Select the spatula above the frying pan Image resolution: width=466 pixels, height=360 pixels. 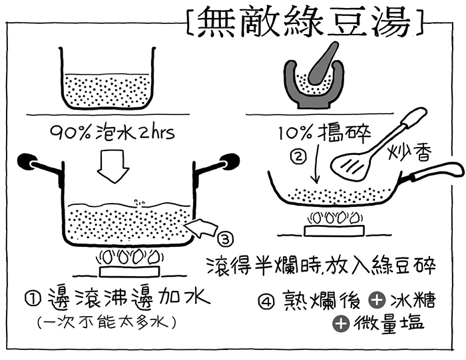373,150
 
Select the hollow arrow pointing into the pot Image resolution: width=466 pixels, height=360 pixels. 203,229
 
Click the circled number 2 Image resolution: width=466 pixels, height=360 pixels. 298,157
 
